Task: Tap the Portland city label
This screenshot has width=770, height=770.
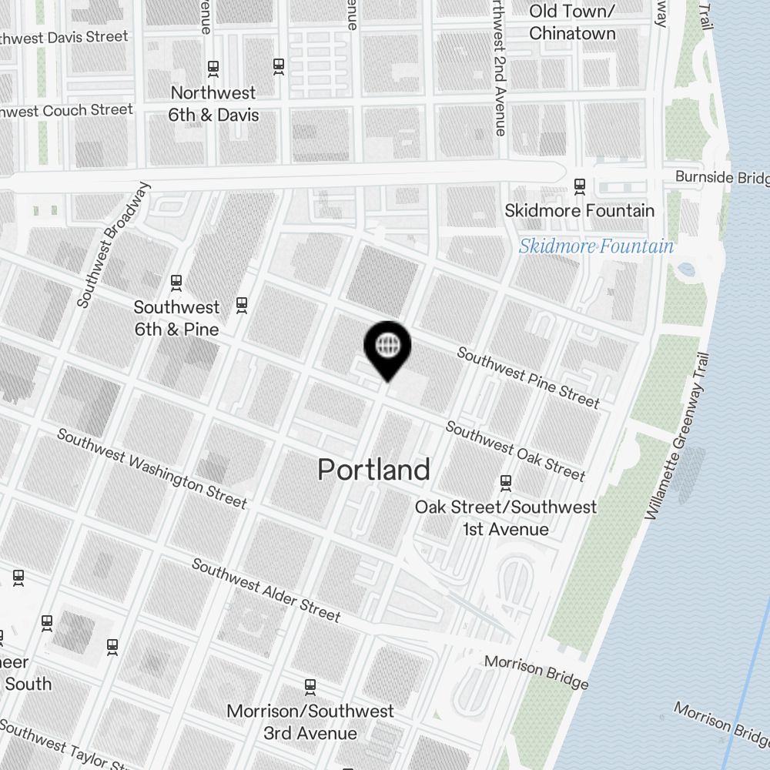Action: [x=373, y=469]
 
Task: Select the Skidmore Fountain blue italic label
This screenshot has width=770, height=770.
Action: [x=596, y=246]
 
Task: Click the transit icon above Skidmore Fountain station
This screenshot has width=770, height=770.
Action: [x=579, y=186]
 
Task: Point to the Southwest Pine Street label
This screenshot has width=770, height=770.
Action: [x=528, y=377]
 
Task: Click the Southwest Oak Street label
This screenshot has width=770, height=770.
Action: [x=515, y=450]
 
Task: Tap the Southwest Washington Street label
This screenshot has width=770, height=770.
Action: [x=152, y=469]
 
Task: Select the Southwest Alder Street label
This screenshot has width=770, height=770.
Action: [x=266, y=590]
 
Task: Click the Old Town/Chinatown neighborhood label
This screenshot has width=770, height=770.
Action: [x=572, y=22]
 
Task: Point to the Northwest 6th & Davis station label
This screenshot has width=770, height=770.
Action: [x=214, y=104]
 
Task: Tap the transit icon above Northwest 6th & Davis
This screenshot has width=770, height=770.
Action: [x=213, y=69]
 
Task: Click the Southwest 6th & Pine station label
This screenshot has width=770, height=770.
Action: [x=176, y=318]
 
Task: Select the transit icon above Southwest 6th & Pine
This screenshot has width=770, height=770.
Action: [x=176, y=283]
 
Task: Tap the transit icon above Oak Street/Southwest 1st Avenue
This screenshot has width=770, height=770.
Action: [x=506, y=483]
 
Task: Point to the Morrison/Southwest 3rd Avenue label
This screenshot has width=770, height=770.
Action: [x=310, y=721]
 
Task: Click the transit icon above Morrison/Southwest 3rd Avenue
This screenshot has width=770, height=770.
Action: [x=310, y=685]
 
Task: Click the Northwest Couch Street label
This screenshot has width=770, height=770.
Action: [x=66, y=111]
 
